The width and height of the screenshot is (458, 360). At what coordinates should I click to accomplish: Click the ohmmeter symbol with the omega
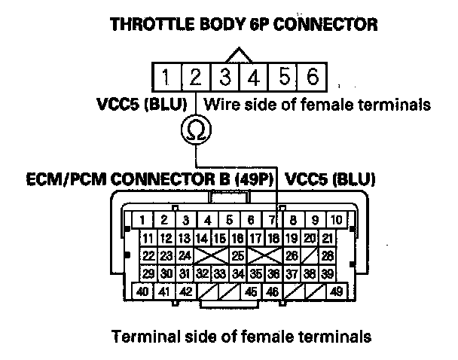click(196, 131)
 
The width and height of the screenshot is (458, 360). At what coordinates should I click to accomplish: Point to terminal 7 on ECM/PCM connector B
click(272, 221)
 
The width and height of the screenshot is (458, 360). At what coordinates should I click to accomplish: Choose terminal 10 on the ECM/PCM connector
click(337, 221)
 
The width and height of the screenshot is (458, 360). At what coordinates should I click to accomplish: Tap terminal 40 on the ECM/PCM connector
click(141, 291)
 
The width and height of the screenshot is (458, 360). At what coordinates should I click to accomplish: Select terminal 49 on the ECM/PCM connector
click(336, 291)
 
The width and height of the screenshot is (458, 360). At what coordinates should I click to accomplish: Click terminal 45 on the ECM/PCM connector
click(251, 291)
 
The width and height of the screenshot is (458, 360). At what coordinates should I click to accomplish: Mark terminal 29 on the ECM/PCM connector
click(148, 273)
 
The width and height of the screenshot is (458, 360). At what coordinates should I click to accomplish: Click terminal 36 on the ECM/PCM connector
click(273, 273)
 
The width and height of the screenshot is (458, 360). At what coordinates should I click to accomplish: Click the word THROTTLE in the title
click(147, 24)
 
